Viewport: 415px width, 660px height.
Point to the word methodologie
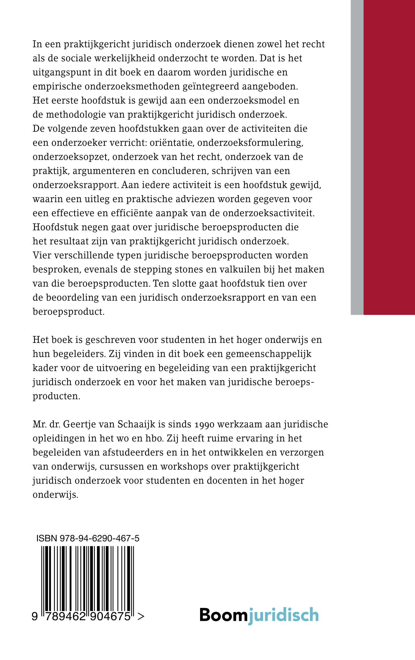click(x=73, y=115)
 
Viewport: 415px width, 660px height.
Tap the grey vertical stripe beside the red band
click(x=357, y=157)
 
